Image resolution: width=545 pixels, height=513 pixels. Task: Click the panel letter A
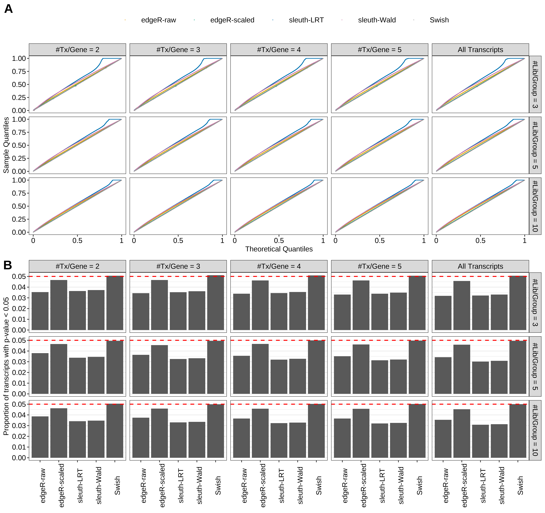click(x=9, y=9)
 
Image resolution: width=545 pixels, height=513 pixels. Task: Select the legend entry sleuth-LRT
click(x=306, y=20)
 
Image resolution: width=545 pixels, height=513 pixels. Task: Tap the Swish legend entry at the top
click(x=439, y=20)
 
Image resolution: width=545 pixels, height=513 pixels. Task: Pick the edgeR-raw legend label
click(x=158, y=20)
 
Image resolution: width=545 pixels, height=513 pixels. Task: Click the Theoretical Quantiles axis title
click(x=279, y=249)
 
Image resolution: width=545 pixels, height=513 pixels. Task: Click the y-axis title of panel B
click(x=6, y=366)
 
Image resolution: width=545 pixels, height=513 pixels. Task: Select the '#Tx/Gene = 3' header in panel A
click(x=178, y=50)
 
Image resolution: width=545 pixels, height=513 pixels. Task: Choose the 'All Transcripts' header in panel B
click(x=480, y=266)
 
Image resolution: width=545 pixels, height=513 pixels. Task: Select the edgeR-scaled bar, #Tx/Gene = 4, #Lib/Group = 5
click(x=260, y=369)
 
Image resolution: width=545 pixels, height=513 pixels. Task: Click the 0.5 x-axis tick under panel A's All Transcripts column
click(x=480, y=241)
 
